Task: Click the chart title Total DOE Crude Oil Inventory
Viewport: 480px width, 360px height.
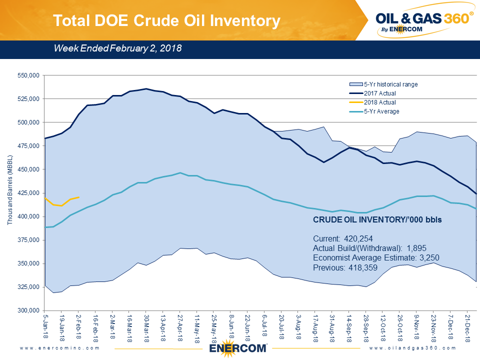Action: tap(166, 20)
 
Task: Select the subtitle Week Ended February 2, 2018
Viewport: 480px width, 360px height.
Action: tap(117, 48)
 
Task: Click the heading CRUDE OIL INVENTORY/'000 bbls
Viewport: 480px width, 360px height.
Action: tap(377, 220)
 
